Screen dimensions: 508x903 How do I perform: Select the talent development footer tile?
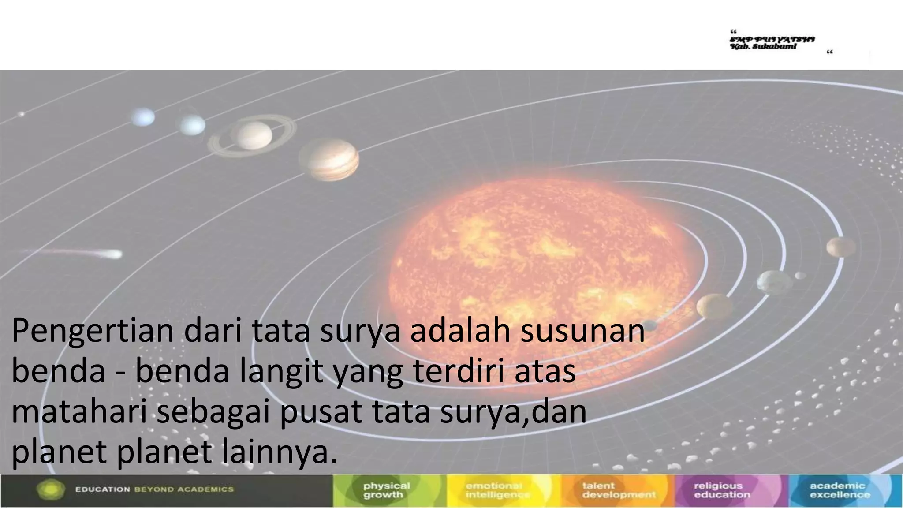[617, 490]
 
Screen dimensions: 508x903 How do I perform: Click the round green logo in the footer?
[51, 490]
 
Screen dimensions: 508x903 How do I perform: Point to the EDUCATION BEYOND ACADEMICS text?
[154, 489]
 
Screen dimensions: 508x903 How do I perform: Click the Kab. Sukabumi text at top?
[763, 46]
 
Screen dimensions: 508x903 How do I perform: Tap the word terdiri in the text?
[458, 372]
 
